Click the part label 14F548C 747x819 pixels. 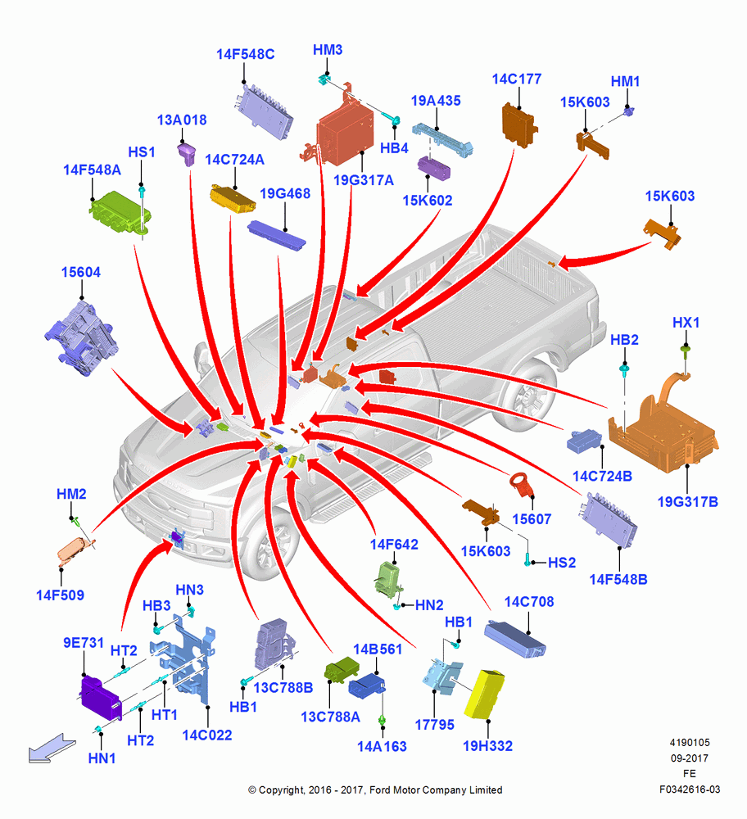[x=245, y=54]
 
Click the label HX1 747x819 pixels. [x=686, y=323]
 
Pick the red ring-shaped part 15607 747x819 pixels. [x=522, y=486]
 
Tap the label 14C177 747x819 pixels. [x=517, y=79]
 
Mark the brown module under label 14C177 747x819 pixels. [x=519, y=125]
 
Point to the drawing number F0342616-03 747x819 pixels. [x=690, y=790]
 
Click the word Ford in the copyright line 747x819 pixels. [x=380, y=790]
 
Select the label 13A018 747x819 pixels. [x=182, y=120]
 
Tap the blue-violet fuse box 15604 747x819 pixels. [x=81, y=337]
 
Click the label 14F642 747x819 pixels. [x=394, y=545]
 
